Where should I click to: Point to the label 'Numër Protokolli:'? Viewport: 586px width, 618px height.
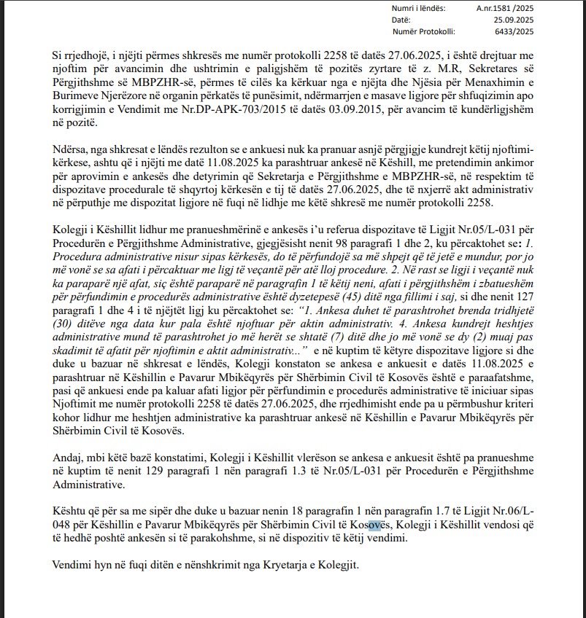pos(423,32)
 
